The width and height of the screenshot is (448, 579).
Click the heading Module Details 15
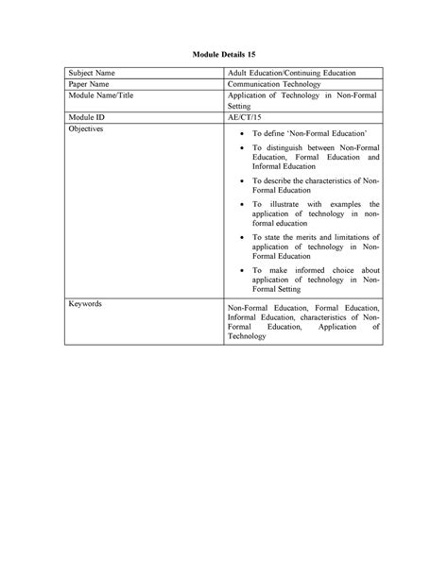pos(224,56)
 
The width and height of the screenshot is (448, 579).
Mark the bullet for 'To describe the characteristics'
pos(244,180)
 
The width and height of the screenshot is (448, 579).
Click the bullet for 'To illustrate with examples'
pos(244,204)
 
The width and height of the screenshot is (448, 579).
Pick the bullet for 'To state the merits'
pos(244,238)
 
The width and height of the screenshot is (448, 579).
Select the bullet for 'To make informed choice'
pos(244,270)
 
